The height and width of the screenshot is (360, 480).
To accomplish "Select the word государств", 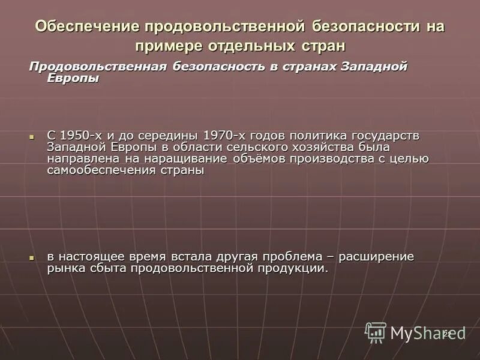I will [x=392, y=135].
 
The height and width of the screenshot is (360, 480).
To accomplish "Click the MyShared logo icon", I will [x=376, y=332].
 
